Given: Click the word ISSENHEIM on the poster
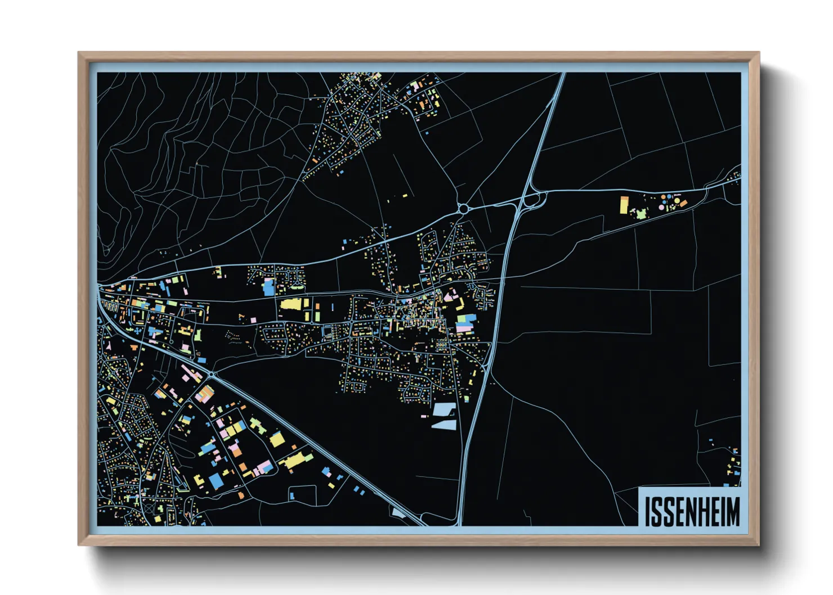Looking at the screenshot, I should (x=692, y=511).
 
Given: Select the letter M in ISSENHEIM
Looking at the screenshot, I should (x=733, y=512).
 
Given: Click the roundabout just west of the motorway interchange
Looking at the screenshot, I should (x=463, y=209).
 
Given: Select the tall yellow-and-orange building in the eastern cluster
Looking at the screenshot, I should (x=624, y=205).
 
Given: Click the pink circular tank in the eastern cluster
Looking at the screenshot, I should (x=661, y=207).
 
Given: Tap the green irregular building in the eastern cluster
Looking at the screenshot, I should (x=641, y=214).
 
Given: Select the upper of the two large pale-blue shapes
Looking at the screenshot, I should (x=445, y=408).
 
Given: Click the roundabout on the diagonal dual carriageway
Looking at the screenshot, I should (x=212, y=375).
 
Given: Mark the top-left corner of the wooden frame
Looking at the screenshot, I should (x=79, y=53).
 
